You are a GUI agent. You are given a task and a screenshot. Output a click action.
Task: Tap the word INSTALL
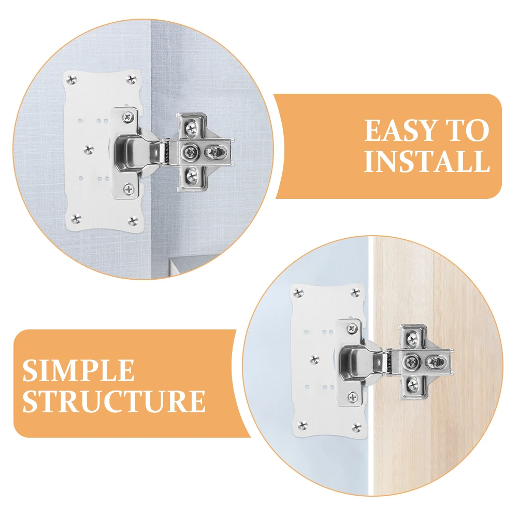point(426,162)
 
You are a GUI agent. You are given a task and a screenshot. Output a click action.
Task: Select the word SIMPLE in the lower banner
point(78,371)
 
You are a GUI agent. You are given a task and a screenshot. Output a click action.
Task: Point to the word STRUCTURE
point(113,401)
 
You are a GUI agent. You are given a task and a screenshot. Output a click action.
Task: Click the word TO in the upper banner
point(468,131)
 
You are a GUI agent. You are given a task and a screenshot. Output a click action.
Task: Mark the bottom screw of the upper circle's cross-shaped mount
point(192,176)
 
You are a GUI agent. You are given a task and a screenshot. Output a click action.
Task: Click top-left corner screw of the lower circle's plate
point(299,293)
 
